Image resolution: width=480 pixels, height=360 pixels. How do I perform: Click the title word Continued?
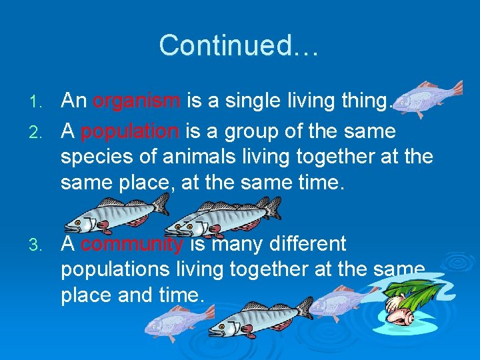click(x=239, y=45)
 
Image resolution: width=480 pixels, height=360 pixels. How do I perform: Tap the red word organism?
click(x=137, y=101)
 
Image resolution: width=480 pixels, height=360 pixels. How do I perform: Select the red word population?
click(x=129, y=131)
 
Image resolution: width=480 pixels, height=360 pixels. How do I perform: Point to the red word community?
click(x=131, y=244)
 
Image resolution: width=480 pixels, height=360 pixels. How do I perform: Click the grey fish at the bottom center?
click(x=260, y=317)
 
